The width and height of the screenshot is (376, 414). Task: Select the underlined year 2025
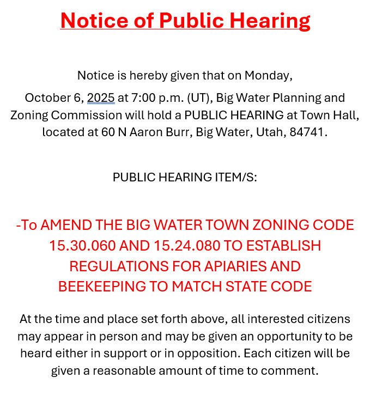[x=101, y=98]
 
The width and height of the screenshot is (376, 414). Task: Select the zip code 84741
[x=308, y=132]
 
